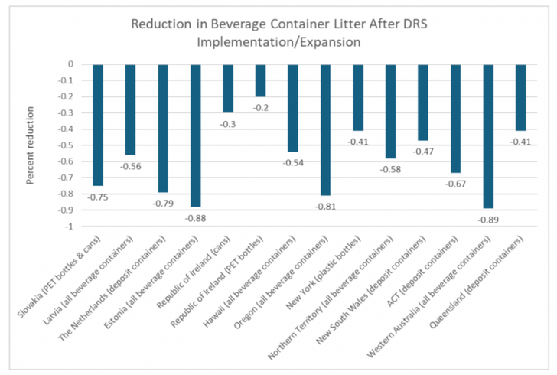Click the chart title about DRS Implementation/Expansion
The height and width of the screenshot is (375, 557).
[x=279, y=33]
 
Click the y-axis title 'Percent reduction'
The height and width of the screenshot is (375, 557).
[x=28, y=145]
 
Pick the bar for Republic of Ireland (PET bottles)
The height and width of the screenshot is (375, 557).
[x=260, y=80]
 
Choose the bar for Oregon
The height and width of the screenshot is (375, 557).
[x=325, y=130]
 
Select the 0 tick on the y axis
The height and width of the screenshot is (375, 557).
[x=70, y=64]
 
